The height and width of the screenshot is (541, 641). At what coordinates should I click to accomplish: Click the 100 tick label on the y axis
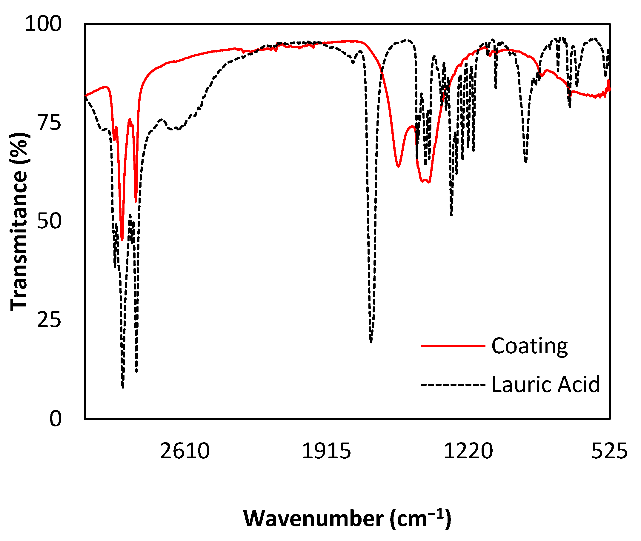click(43, 24)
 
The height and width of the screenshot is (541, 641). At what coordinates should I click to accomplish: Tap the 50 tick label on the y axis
click(49, 221)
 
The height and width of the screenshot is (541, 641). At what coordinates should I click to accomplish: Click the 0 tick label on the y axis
click(55, 419)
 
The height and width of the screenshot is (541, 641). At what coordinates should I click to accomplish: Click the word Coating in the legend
click(529, 346)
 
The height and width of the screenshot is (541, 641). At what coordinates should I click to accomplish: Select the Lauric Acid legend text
click(545, 385)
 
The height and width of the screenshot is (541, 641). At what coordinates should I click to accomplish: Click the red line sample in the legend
click(453, 346)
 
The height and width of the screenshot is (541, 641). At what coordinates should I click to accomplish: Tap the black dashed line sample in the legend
click(453, 385)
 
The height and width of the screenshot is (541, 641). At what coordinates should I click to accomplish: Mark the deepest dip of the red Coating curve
click(122, 240)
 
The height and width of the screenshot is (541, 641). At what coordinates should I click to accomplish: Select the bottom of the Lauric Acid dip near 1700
click(371, 342)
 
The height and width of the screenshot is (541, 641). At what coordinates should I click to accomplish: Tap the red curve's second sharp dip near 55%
click(136, 201)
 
